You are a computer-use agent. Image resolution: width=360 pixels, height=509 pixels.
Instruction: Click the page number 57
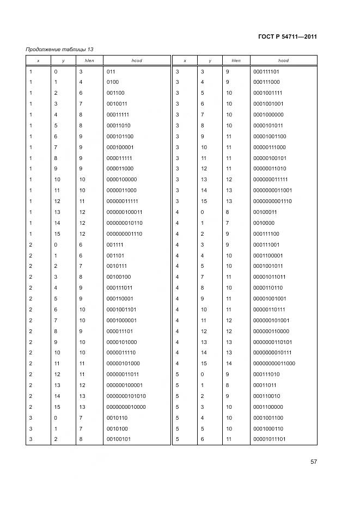coord(314,462)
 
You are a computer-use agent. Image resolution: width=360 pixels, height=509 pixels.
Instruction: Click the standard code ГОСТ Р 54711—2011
coord(288,37)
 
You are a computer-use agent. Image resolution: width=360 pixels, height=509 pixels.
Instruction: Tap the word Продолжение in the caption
coord(43,50)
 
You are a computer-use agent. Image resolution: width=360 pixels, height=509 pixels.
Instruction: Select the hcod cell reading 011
coord(111,71)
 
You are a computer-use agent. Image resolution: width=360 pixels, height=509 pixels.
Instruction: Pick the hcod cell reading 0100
coord(112,82)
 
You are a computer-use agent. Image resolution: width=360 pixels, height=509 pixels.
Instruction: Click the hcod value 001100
coord(115,93)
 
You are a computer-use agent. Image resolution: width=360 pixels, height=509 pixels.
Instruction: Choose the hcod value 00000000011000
coord(274,363)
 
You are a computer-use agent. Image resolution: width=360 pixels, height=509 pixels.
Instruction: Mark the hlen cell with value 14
coord(229,363)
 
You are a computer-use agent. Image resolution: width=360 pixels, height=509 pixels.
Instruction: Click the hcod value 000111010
coord(266,374)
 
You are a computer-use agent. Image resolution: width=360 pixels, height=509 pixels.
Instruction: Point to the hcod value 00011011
coord(265,385)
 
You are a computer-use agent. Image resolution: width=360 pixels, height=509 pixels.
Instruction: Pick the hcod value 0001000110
coord(269,428)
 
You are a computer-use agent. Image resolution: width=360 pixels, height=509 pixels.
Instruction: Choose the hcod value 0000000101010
coord(126,396)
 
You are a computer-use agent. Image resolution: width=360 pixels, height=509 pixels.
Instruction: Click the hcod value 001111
coord(115,244)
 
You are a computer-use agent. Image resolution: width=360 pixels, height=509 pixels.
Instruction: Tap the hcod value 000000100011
coord(124,212)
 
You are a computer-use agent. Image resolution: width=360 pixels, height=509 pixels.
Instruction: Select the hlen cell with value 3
coord(81,71)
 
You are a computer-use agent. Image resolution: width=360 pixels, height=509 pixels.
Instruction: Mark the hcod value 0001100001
coord(269,255)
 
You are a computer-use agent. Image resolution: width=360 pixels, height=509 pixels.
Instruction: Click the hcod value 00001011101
coord(270,439)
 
